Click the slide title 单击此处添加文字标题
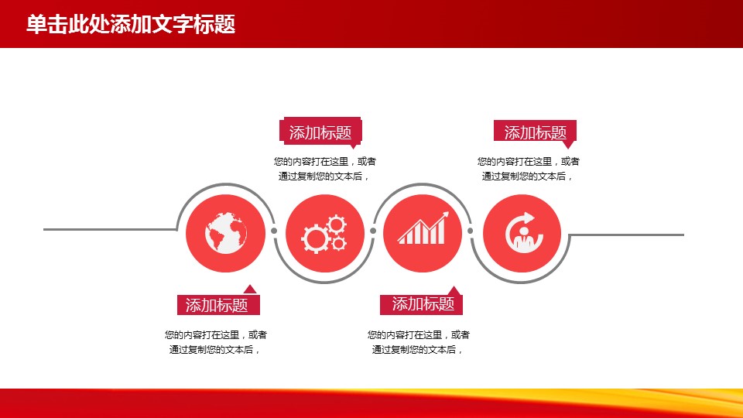coord(131,24)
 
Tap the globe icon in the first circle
coord(226,233)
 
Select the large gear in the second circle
coord(315,238)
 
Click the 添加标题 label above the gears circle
coord(320,132)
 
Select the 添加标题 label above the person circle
coord(535,132)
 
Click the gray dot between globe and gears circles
coord(274,231)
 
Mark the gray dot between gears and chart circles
coord(373,231)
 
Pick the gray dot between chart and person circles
coord(470,231)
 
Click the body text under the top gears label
coord(324,169)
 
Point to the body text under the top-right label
coord(529,169)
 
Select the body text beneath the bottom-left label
coord(216,342)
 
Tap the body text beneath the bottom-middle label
coord(419,342)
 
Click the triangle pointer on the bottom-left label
coord(250,290)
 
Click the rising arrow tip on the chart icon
coord(447,214)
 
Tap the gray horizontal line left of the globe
coord(110,229)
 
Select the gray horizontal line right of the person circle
coord(626,235)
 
